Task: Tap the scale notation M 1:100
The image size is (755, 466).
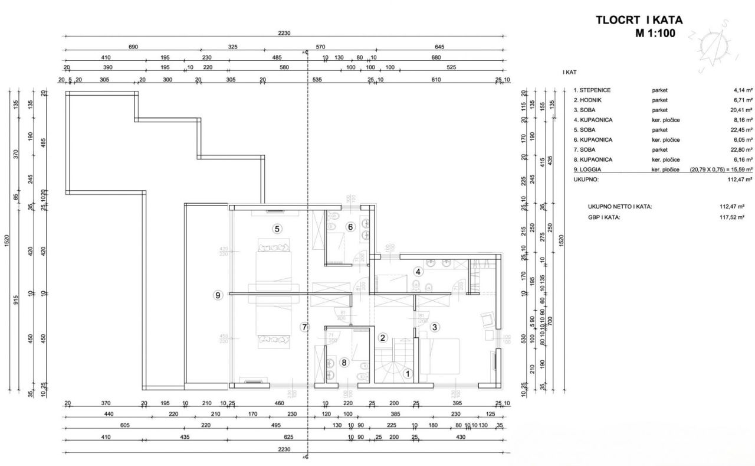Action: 655,33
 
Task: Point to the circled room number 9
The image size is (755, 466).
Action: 218,295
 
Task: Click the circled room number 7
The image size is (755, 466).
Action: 304,326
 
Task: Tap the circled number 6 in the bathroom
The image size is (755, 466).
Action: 349,227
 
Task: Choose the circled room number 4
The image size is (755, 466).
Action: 418,272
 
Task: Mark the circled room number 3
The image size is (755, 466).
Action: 435,327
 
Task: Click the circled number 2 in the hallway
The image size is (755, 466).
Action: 383,338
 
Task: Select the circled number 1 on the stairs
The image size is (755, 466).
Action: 407,373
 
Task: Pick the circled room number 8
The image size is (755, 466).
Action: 345,362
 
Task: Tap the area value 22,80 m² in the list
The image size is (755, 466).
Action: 739,149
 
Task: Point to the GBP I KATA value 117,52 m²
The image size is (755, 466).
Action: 731,217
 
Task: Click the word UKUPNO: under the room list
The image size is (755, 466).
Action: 586,178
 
